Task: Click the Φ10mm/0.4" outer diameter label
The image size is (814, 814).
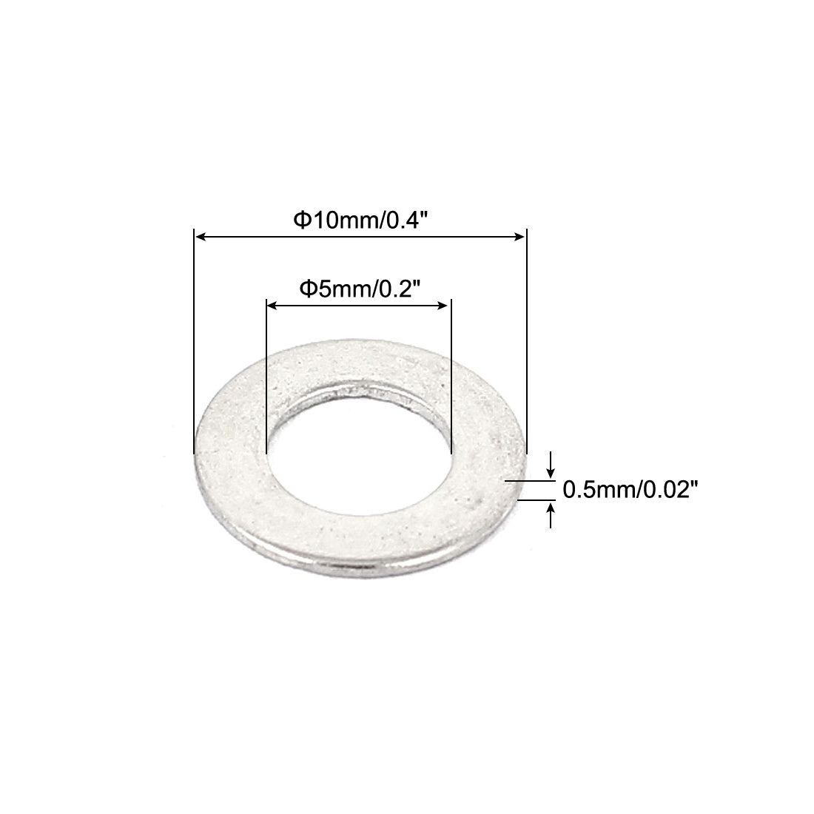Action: click(x=361, y=220)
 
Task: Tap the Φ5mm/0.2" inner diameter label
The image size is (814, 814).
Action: click(x=359, y=289)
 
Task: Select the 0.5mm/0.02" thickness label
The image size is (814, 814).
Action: click(x=631, y=489)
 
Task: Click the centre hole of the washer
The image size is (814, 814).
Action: click(x=358, y=448)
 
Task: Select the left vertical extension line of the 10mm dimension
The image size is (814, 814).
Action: click(x=194, y=340)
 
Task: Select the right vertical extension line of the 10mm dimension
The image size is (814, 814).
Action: click(x=526, y=340)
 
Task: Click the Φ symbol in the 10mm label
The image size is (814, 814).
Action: click(x=300, y=221)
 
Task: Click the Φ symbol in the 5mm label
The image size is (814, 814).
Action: click(x=306, y=289)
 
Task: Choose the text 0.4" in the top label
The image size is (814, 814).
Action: click(x=409, y=220)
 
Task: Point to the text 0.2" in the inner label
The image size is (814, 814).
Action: click(x=400, y=289)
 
